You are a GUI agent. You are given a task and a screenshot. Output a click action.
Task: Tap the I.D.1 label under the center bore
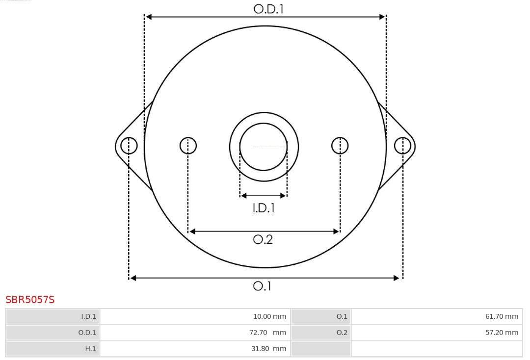(x=264, y=208)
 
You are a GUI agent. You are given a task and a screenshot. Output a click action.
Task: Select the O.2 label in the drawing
(x=263, y=239)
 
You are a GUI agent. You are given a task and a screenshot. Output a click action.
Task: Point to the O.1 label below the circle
(x=262, y=286)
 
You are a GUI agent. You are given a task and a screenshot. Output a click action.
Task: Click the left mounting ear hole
(x=129, y=146)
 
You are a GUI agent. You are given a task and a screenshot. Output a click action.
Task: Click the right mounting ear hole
(x=402, y=146)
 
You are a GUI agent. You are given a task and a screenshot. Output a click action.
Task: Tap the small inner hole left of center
(x=188, y=146)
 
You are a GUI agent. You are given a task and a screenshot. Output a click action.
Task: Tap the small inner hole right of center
(x=340, y=146)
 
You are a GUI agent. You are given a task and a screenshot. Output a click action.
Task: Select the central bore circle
(x=264, y=147)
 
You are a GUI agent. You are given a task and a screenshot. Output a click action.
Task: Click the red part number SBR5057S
(x=30, y=300)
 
